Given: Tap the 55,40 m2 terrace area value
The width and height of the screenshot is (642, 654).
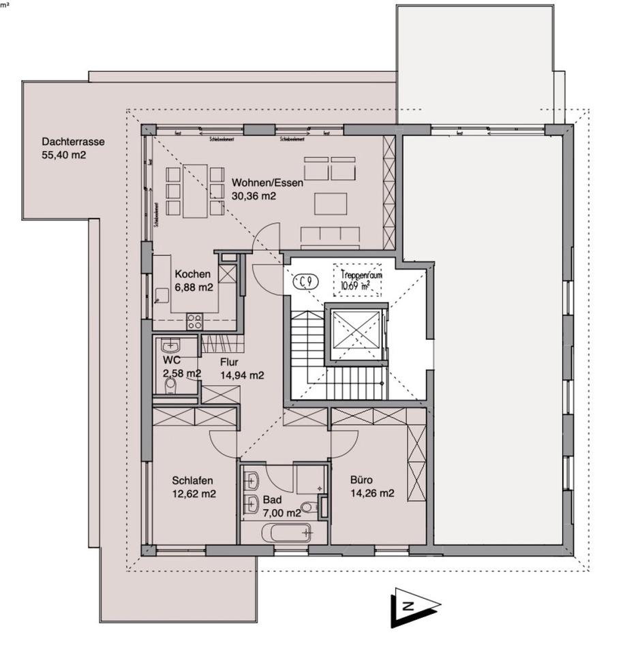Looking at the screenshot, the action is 64,155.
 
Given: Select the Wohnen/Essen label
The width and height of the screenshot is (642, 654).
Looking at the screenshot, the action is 267,183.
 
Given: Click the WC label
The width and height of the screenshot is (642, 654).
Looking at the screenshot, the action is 170,360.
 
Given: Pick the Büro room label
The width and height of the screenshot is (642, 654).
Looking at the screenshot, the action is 363,480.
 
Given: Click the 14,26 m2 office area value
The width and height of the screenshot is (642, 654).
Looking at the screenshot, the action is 372,494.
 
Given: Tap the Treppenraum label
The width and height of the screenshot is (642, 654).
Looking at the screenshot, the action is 361,276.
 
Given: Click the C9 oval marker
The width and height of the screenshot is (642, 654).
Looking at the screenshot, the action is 305,281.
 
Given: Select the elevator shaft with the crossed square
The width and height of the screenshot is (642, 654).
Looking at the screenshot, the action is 355,334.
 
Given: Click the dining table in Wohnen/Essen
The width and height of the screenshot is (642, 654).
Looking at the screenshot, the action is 196,190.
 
